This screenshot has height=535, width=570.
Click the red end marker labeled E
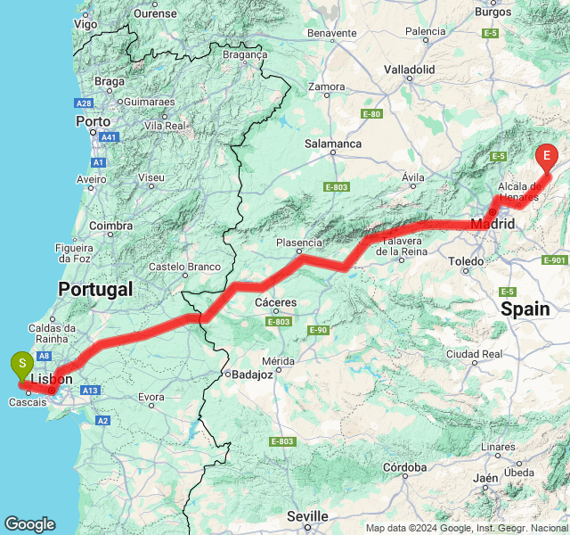(x=547, y=157)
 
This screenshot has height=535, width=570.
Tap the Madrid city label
(x=493, y=224)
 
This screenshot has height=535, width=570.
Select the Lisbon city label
(x=51, y=379)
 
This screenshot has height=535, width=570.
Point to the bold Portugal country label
(x=95, y=289)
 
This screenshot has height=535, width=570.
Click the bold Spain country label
(x=525, y=309)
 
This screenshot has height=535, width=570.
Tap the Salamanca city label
(x=333, y=143)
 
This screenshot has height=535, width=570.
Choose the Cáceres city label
(x=276, y=303)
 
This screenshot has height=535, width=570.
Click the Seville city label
(x=307, y=516)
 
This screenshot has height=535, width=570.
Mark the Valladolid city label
(x=410, y=69)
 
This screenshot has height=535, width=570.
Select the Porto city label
(x=94, y=120)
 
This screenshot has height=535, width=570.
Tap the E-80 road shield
(x=371, y=114)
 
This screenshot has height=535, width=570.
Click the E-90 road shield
(x=319, y=331)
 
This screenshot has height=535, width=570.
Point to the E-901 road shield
(x=554, y=260)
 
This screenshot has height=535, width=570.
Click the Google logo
(x=29, y=524)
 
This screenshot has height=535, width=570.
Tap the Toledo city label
(x=466, y=261)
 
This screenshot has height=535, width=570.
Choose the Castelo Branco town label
(x=184, y=266)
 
